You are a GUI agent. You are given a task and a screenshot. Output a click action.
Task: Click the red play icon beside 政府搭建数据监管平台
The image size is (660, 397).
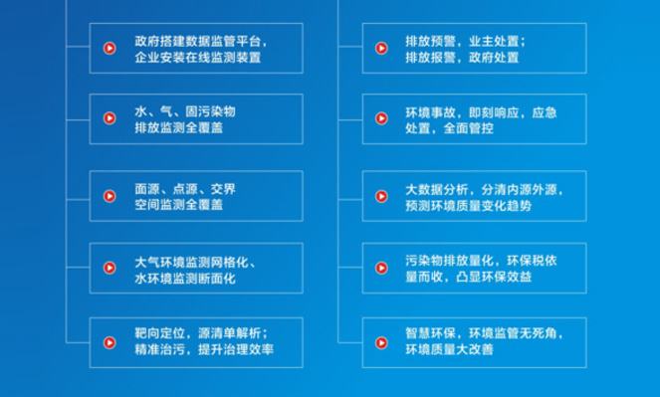[110, 49]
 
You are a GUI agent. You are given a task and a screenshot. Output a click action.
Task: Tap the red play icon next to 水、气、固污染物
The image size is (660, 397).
[110, 118]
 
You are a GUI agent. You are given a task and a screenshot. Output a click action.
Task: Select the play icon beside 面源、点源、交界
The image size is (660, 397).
[110, 196]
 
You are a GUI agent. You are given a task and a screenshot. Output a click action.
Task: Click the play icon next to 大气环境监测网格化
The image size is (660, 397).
[110, 268]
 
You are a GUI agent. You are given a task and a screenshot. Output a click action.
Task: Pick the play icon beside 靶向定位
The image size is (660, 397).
[110, 342]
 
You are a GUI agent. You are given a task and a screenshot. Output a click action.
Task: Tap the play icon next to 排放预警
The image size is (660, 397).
[381, 49]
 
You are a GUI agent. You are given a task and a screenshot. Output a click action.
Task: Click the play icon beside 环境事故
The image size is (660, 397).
[381, 118]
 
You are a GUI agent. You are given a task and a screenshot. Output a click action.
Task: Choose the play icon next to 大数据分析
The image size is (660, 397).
[381, 196]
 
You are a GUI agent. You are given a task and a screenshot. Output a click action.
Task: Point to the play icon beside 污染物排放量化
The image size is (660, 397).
[381, 268]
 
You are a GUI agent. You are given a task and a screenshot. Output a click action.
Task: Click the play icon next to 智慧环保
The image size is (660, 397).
[381, 342]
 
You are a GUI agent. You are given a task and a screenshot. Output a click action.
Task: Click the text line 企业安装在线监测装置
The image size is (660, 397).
[198, 57]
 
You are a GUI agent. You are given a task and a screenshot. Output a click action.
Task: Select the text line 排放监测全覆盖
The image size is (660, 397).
[179, 127]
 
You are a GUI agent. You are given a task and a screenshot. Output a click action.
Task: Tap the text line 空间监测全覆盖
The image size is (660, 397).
[179, 205]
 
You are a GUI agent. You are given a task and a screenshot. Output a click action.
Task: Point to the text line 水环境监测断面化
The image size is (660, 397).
[185, 279]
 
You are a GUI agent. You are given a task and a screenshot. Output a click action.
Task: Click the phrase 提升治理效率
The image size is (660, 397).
[236, 349]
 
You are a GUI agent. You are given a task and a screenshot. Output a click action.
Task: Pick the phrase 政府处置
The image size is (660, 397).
[494, 57]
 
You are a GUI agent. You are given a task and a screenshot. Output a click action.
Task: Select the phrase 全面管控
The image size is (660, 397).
[469, 128]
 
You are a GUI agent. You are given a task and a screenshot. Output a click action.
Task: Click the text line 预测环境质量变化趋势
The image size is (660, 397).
[469, 206]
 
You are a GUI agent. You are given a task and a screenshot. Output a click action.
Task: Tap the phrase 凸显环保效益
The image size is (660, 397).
[494, 277]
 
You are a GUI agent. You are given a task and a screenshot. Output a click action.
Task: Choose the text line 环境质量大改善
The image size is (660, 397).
[449, 349]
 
